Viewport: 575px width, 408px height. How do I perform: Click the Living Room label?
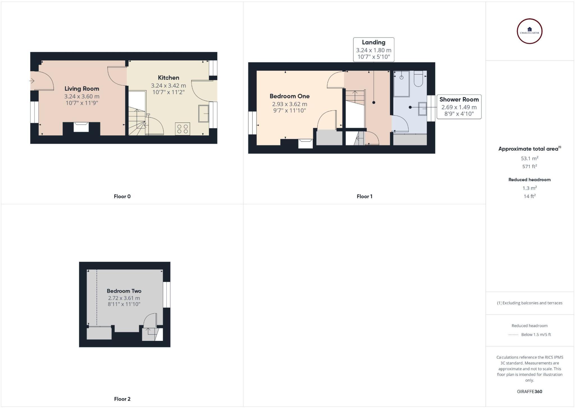click(82, 89)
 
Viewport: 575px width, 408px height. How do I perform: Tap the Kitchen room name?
click(168, 78)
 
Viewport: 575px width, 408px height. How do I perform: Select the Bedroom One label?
click(289, 96)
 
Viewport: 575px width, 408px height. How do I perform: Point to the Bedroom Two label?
click(124, 291)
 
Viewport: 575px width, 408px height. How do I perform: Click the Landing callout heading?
click(373, 42)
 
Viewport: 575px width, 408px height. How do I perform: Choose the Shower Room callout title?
click(459, 99)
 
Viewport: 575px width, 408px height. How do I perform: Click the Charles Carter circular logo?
click(530, 31)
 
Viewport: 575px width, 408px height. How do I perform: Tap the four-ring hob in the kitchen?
click(182, 129)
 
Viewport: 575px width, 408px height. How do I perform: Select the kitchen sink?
click(204, 113)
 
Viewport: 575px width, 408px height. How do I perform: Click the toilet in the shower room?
click(418, 79)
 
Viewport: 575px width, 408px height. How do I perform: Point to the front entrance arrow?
click(32, 81)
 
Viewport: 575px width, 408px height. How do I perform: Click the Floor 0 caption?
click(122, 197)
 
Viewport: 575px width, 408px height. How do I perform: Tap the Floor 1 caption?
click(364, 197)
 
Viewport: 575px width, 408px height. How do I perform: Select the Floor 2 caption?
click(122, 399)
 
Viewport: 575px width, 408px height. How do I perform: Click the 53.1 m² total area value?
click(530, 158)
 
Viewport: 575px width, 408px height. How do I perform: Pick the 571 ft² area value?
click(530, 167)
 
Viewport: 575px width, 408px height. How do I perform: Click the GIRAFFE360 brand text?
click(530, 391)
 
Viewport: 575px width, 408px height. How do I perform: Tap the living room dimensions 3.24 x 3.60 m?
click(82, 96)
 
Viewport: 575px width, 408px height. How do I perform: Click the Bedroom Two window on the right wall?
click(166, 295)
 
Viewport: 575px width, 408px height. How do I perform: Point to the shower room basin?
click(423, 109)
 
